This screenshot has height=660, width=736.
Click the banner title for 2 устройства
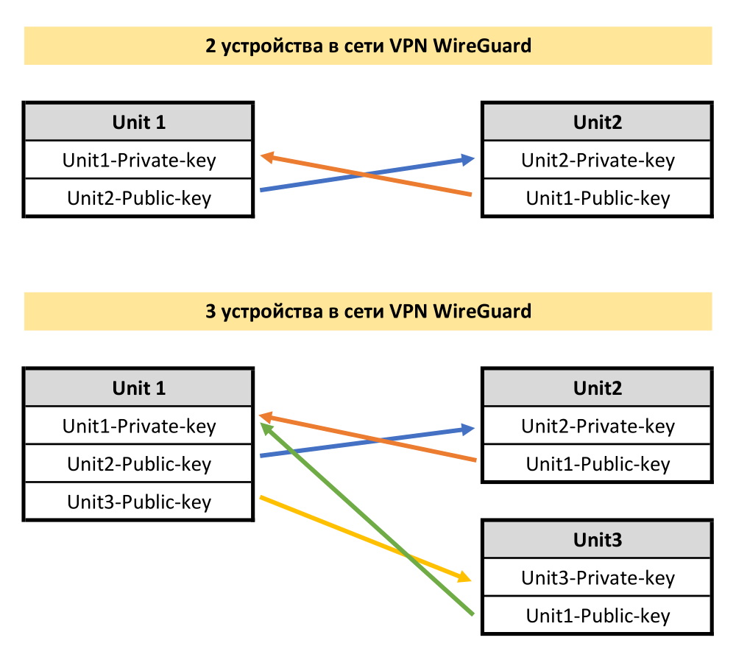(368, 46)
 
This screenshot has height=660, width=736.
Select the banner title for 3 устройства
(368, 311)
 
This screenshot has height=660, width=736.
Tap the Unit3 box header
(597, 540)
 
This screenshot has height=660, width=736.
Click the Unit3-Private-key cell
(597, 578)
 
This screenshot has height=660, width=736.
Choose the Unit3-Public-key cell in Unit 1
(139, 502)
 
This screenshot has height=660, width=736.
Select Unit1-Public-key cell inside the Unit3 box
(597, 616)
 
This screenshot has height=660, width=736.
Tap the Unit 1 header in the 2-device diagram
(139, 122)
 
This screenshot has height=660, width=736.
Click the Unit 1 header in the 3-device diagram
(139, 387)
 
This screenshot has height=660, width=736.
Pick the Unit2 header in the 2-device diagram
(597, 122)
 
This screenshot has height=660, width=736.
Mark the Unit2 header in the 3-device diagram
(597, 387)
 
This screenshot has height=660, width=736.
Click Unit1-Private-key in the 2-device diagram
(139, 160)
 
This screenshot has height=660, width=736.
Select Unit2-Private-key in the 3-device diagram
(597, 426)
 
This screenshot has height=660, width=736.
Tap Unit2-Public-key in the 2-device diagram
(139, 198)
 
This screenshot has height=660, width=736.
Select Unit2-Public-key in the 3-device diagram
(139, 464)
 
